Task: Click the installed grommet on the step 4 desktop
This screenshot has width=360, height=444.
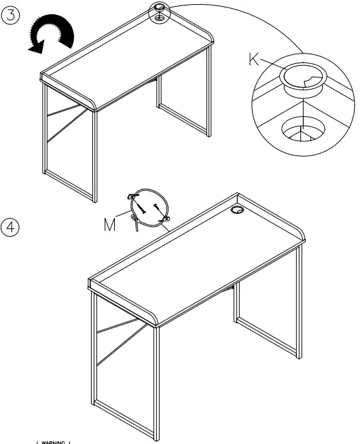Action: pos(237,212)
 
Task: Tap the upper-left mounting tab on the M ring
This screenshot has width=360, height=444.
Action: pos(132,197)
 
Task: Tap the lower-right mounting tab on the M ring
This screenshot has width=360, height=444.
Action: pos(164,219)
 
